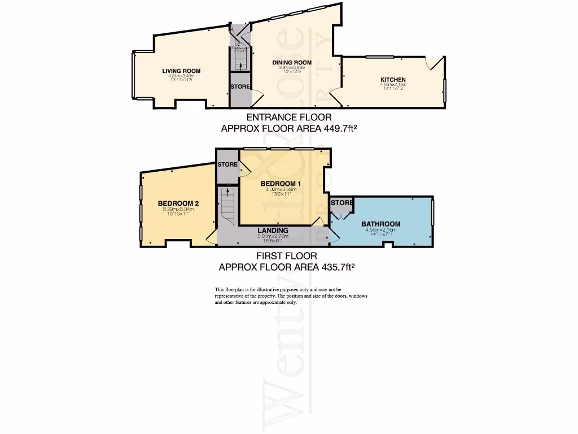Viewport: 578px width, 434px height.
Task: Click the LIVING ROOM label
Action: click(x=181, y=71)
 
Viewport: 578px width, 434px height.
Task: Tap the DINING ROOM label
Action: click(x=292, y=63)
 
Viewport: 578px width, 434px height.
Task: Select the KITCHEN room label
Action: click(x=393, y=80)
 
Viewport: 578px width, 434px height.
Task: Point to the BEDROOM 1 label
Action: click(x=281, y=184)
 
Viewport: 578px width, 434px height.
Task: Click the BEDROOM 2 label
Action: click(x=178, y=203)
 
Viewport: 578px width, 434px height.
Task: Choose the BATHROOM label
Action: click(x=381, y=224)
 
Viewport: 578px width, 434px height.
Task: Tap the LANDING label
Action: click(x=273, y=230)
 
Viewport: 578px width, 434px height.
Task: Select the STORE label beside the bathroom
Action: click(x=342, y=202)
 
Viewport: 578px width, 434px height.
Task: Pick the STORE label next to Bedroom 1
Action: click(x=228, y=164)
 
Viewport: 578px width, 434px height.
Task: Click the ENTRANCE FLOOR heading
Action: click(x=289, y=118)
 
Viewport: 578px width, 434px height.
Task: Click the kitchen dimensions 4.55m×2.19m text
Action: click(x=393, y=85)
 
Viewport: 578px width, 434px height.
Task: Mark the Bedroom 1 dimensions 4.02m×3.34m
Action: click(x=281, y=190)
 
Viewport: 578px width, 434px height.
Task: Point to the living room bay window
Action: click(x=134, y=75)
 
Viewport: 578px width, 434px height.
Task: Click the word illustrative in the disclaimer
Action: click(x=273, y=290)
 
